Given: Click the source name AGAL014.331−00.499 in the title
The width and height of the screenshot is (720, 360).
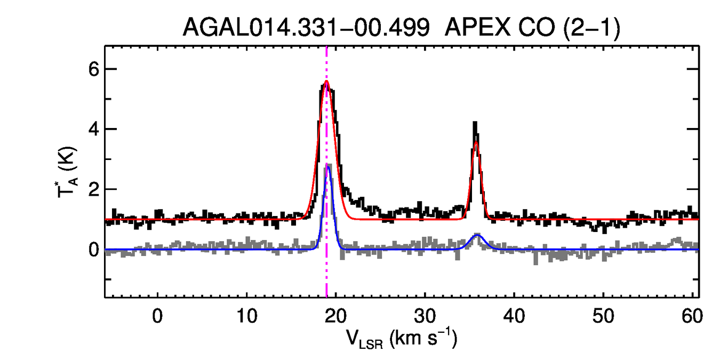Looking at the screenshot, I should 306,28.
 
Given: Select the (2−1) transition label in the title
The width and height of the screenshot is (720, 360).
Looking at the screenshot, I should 591,28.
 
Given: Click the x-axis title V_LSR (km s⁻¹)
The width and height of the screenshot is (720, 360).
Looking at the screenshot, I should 402,339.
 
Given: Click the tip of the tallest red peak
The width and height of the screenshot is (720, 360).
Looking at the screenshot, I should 326,81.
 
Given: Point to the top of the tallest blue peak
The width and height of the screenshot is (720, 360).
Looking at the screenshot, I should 329,166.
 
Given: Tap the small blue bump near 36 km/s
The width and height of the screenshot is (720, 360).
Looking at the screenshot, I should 477,235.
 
